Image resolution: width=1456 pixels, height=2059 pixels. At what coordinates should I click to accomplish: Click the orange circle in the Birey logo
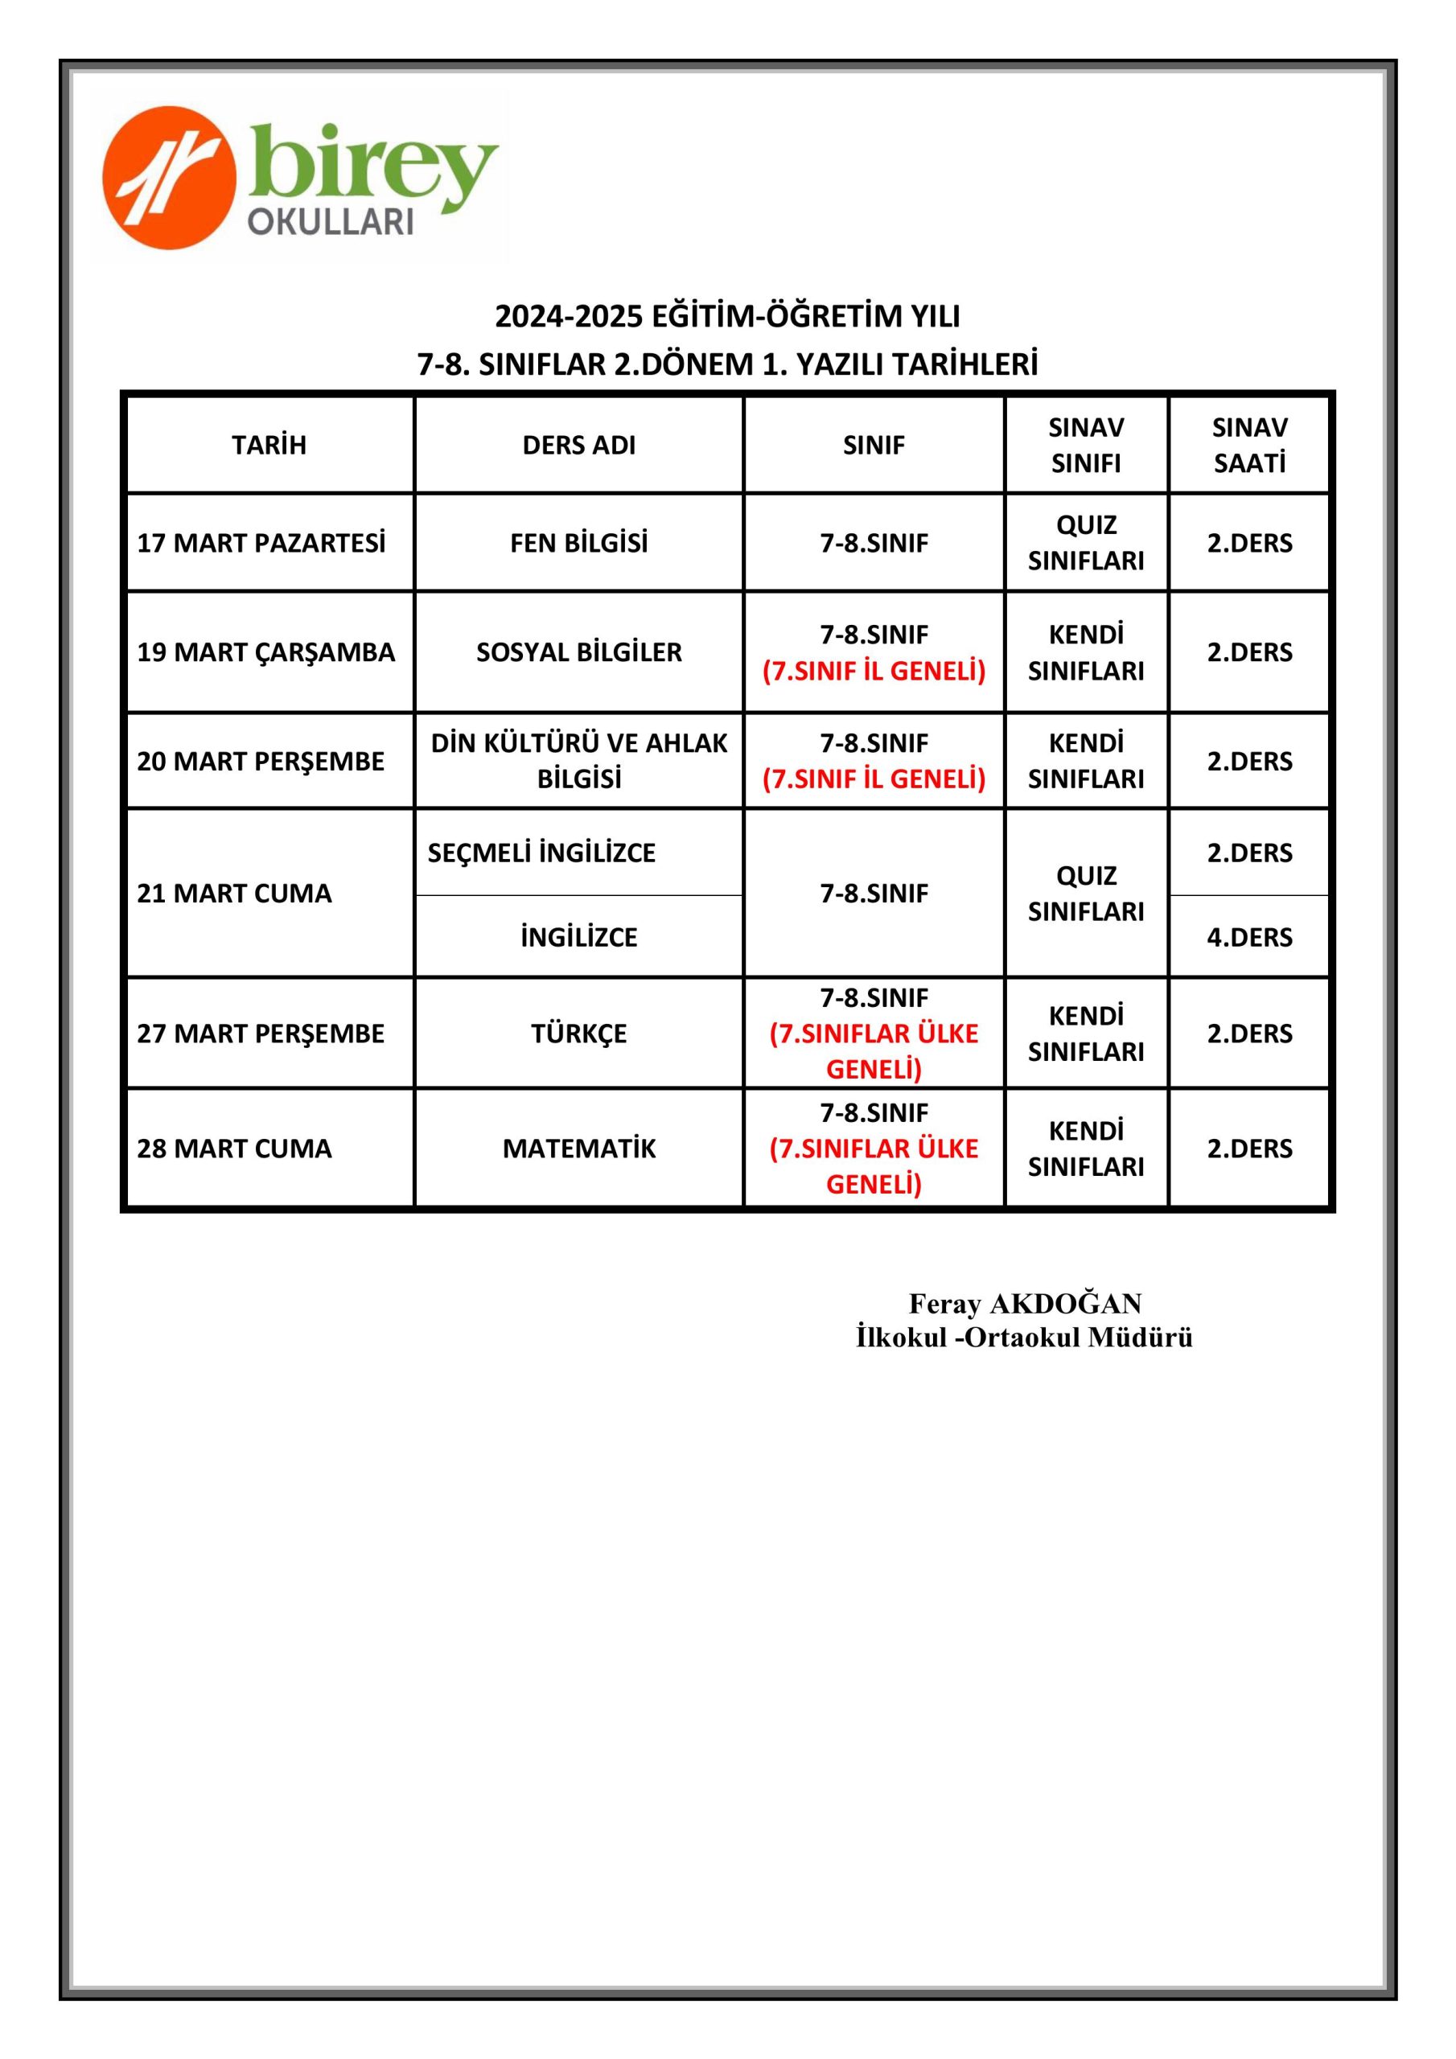[169, 177]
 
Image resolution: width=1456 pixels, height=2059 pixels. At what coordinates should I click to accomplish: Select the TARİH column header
[269, 445]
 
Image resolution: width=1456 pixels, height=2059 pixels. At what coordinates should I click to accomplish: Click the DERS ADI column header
[578, 445]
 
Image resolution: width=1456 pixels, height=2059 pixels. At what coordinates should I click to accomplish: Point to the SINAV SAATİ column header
[1248, 445]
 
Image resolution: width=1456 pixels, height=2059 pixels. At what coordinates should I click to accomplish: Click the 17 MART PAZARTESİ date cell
[261, 543]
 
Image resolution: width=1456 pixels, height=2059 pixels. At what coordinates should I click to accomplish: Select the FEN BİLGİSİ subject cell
[578, 543]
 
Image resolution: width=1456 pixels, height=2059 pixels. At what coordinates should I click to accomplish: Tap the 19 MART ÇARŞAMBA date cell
[265, 652]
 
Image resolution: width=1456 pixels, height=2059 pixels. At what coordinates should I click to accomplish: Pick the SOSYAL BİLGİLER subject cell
[578, 652]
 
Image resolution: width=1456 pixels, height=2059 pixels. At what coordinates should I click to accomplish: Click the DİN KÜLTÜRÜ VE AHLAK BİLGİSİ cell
[578, 761]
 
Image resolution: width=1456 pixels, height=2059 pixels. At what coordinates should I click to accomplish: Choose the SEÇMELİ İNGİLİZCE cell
[542, 852]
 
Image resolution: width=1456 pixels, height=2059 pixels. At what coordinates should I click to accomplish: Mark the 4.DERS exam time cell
[1248, 937]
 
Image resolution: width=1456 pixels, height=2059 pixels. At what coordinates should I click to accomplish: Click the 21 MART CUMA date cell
[234, 894]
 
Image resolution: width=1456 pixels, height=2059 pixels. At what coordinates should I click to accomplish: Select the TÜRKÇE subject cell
[578, 1033]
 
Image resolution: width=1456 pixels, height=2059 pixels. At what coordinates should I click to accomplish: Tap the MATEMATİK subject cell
[578, 1148]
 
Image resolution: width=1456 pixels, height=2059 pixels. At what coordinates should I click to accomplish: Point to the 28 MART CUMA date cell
[234, 1148]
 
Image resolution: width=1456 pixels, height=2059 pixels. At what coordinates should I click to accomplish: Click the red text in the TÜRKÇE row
[874, 1051]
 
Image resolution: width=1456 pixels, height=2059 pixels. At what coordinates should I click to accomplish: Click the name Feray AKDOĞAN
[1025, 1303]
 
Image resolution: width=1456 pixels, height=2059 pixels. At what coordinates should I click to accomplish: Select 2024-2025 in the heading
[569, 315]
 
